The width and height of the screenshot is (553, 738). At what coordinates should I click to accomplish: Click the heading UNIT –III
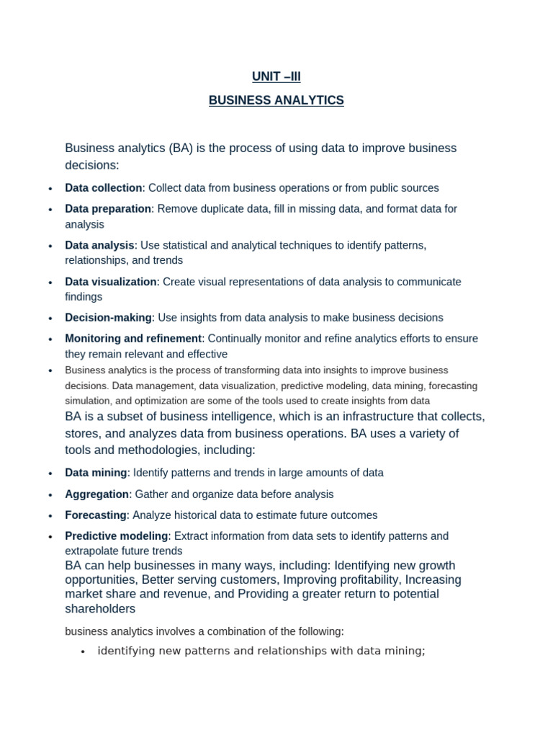coord(276,76)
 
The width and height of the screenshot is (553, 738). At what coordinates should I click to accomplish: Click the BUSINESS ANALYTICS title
coord(276,101)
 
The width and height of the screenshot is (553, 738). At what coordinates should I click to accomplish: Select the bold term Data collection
coord(104,188)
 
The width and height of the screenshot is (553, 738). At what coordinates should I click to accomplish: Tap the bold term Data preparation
coord(108,209)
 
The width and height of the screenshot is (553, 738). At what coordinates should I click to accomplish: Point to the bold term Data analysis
coord(99,246)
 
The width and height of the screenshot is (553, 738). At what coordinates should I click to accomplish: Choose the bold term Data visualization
coord(110,282)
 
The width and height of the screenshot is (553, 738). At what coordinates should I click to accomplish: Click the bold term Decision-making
coord(108,318)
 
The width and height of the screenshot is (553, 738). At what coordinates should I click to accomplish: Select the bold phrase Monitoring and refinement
coord(133,339)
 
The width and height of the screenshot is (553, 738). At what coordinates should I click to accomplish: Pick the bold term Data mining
coord(96,474)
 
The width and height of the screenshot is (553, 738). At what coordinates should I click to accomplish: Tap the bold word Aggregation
coord(96,494)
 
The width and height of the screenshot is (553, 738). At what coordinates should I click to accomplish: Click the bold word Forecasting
coord(96,515)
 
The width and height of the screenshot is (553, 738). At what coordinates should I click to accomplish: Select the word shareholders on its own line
coord(100,609)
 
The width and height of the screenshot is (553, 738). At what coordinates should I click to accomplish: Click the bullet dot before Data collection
coord(50,189)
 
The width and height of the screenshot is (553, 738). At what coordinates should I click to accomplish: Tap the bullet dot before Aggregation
coord(50,495)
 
